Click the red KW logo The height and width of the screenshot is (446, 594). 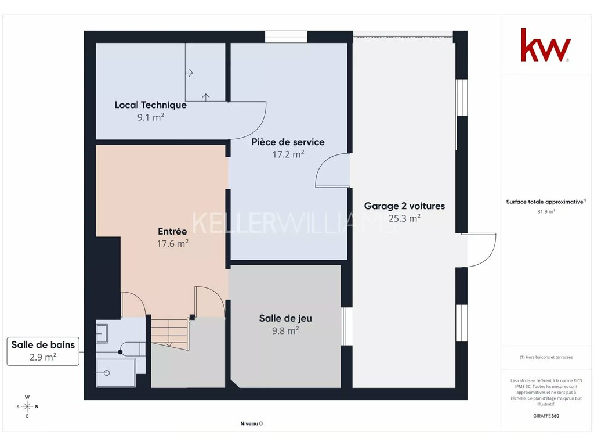point(545,45)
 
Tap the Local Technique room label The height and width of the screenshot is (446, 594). point(150,105)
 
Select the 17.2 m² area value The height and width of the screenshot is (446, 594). point(288,154)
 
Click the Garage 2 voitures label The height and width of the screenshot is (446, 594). point(404,206)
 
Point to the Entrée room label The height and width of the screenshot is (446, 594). point(172,231)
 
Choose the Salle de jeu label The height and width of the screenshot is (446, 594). point(285,319)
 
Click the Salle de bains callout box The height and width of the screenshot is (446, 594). point(43,351)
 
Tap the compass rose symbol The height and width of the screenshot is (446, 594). point(27,407)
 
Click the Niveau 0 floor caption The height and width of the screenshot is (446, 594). point(252,423)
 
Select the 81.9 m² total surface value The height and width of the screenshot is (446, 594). point(546,211)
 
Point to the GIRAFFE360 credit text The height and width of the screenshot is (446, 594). point(546,416)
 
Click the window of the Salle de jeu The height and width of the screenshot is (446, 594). point(347,326)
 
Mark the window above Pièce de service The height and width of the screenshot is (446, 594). point(286,37)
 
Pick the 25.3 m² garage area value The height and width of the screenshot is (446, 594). point(404,218)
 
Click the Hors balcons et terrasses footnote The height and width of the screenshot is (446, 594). point(546,357)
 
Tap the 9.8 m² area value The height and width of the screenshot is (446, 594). point(285,330)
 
